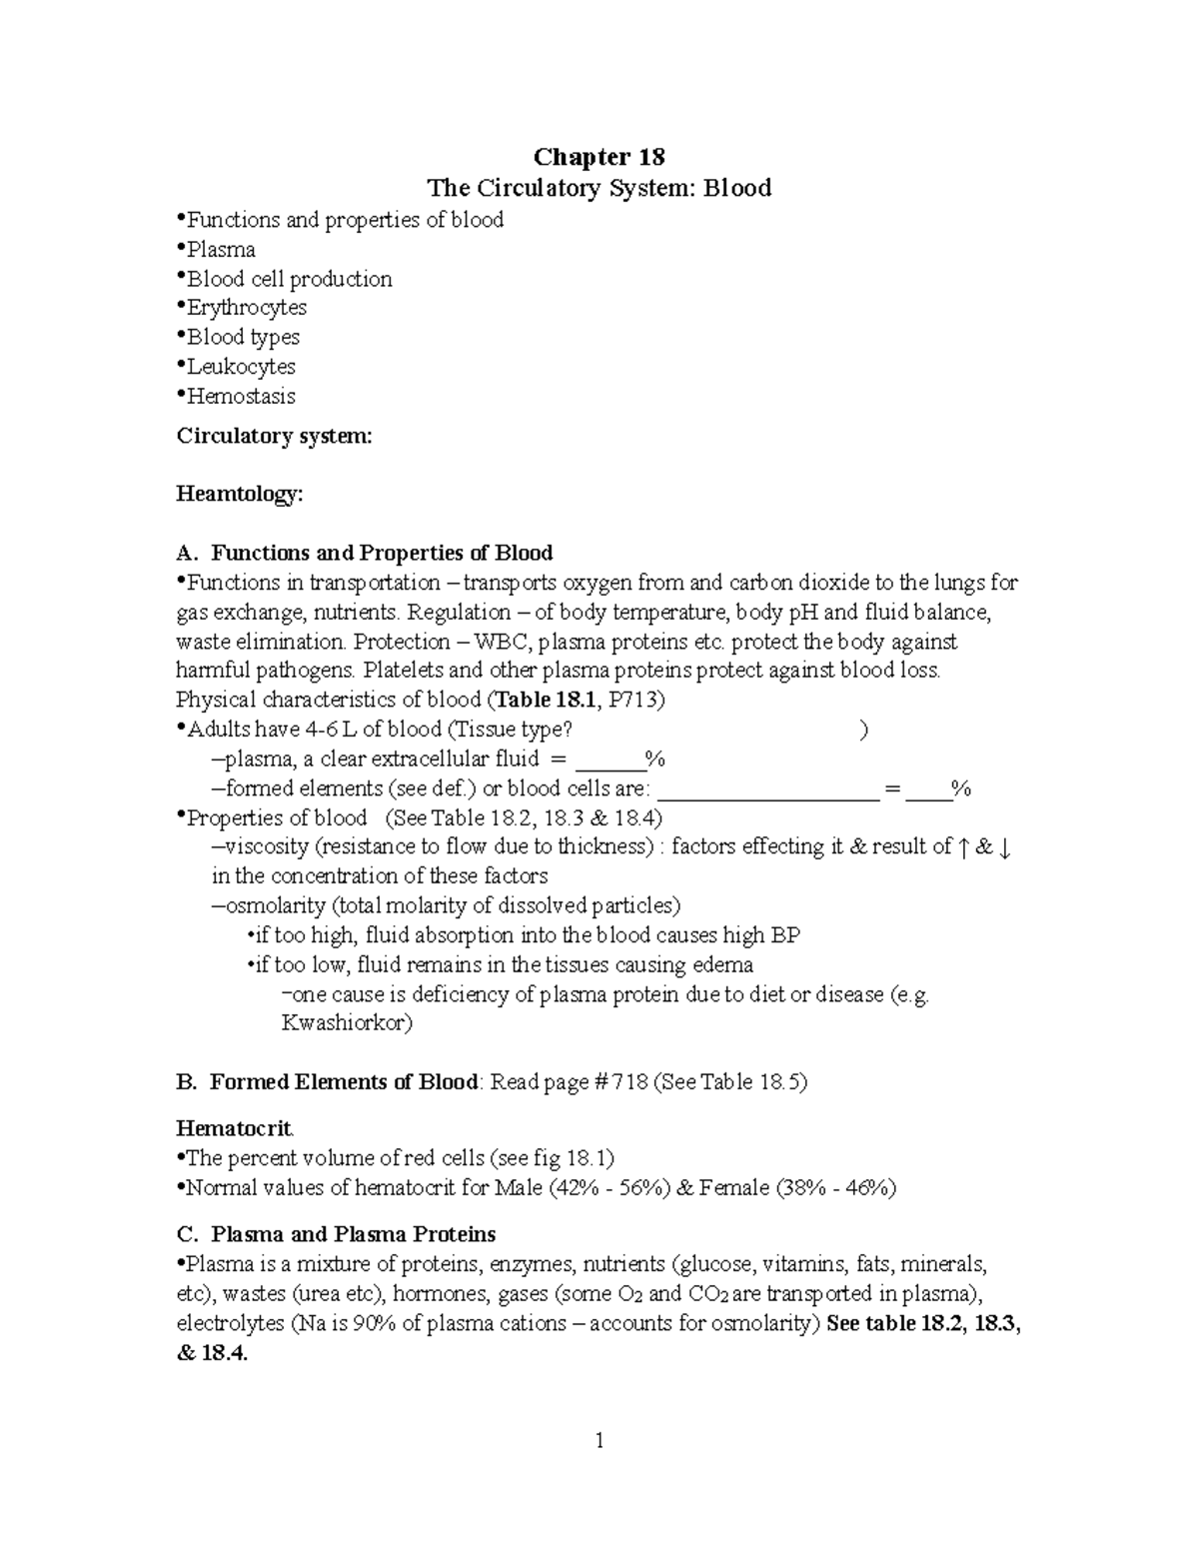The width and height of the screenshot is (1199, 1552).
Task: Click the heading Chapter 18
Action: pos(599,157)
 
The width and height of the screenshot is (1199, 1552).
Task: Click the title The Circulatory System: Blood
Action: pos(599,188)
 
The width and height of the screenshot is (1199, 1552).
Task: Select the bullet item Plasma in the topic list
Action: pos(221,250)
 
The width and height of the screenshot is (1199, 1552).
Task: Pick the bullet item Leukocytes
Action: pos(241,367)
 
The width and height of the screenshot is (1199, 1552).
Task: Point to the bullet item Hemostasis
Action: pos(241,397)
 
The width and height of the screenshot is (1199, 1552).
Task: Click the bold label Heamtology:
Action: pos(239,495)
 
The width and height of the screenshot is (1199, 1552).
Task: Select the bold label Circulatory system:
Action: pos(274,436)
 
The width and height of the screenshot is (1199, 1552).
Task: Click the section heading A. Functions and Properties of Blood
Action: pos(365,554)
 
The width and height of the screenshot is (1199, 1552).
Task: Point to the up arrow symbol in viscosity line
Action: pos(962,847)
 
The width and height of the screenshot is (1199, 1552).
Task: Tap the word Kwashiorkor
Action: pos(347,1024)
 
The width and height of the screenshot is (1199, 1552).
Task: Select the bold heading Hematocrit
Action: pos(235,1129)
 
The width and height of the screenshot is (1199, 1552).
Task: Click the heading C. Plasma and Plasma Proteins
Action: pos(336,1235)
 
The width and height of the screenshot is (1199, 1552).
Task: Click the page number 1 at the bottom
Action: pos(599,1441)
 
